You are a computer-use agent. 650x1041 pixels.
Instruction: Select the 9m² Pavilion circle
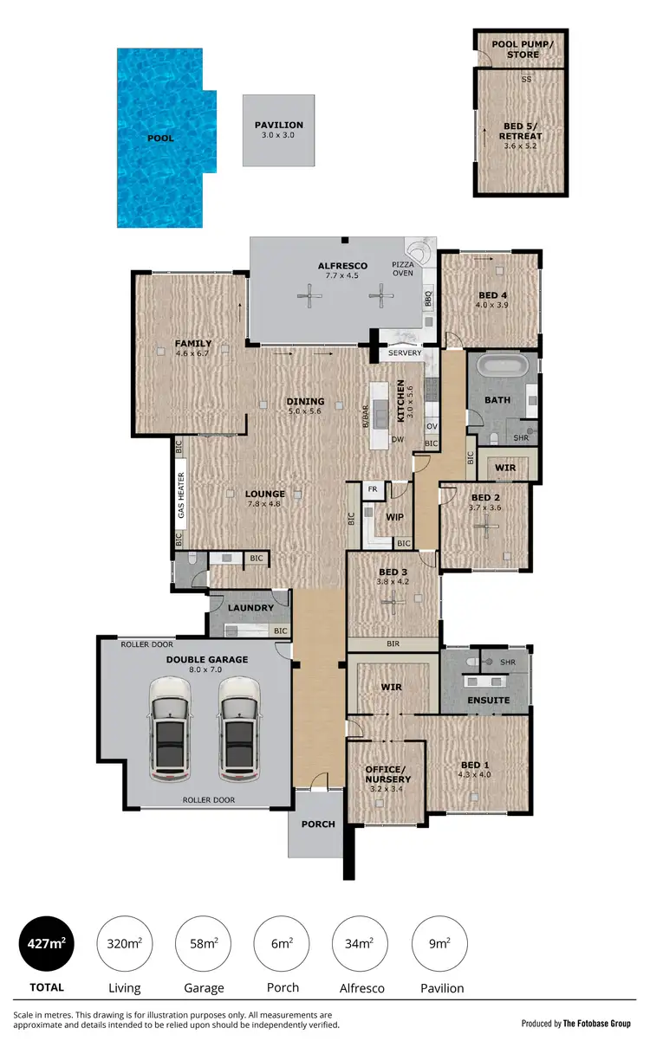(x=442, y=943)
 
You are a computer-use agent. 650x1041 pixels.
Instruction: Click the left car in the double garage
(x=169, y=730)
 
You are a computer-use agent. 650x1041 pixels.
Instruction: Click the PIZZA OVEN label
(x=404, y=268)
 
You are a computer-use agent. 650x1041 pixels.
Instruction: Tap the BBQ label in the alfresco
(x=427, y=299)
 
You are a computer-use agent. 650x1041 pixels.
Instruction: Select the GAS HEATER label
(x=181, y=495)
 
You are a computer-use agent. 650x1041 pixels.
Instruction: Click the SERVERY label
(x=405, y=352)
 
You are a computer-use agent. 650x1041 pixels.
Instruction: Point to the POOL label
(x=160, y=138)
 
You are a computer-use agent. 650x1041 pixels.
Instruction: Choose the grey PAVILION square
(x=279, y=131)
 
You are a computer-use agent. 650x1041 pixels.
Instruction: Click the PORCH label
(x=318, y=824)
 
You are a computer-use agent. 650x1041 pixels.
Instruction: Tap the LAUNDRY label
(x=250, y=608)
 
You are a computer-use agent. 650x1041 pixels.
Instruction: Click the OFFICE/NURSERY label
(x=387, y=774)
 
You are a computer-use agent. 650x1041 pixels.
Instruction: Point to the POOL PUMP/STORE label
(x=515, y=49)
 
